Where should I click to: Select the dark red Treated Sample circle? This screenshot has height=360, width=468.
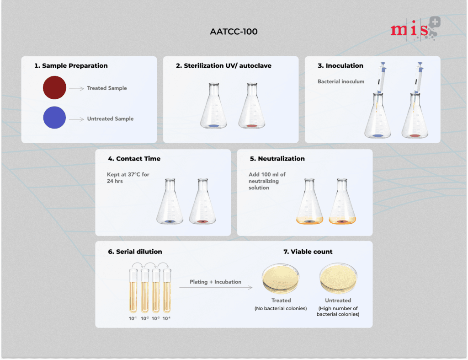(x=55, y=87)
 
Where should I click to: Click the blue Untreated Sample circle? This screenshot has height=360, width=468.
(x=55, y=118)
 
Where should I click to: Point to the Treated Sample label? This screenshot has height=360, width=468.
(x=107, y=88)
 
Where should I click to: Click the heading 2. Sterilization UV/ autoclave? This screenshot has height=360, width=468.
(x=223, y=66)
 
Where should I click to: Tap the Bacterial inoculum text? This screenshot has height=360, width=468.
(x=341, y=82)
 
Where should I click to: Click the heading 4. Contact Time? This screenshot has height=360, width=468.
(x=134, y=159)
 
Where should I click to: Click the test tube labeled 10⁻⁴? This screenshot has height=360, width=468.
(x=166, y=290)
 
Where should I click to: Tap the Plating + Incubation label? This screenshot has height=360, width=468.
(x=216, y=282)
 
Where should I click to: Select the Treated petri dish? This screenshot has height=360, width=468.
(x=281, y=278)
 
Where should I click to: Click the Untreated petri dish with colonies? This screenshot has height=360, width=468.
(x=338, y=278)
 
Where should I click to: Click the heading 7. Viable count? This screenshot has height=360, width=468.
(x=308, y=252)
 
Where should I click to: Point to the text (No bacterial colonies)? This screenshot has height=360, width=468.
(x=281, y=309)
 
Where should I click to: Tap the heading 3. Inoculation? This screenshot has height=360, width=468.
(x=340, y=66)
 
